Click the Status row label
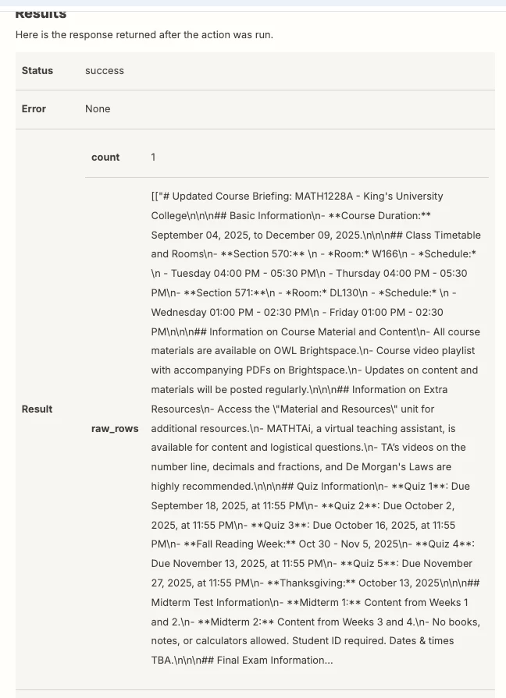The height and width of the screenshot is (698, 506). (x=37, y=70)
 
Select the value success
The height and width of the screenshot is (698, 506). (x=105, y=70)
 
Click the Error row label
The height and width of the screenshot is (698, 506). (x=34, y=108)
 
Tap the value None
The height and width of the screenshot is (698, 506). (x=98, y=108)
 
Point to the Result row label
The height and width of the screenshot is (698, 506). (x=37, y=409)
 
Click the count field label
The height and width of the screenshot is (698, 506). (x=105, y=157)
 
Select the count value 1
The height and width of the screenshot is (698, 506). (x=153, y=157)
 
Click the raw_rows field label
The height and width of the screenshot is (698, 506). (x=115, y=428)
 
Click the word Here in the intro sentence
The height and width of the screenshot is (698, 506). (x=27, y=34)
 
